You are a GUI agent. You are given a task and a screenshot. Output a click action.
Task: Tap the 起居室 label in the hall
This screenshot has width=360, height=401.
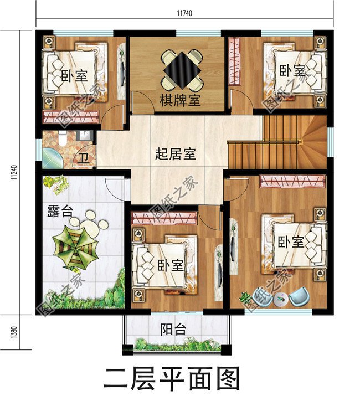pos(175,154)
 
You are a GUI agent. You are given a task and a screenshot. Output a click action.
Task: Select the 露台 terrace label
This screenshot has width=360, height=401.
pos(58,210)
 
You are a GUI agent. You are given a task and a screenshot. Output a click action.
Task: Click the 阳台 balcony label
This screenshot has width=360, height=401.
pos(174,330)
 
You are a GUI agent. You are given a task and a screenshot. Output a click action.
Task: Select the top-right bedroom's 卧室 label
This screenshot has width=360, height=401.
pos(292,71)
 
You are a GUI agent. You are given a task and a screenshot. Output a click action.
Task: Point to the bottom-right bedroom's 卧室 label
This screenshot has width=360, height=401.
pos(290,243)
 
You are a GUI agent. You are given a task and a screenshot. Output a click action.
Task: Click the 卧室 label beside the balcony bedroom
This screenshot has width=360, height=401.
pos(171,265)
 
